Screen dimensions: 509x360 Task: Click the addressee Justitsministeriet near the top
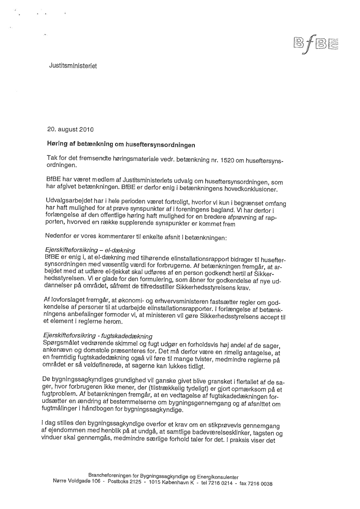click(72, 66)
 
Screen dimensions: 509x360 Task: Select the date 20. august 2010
click(70, 129)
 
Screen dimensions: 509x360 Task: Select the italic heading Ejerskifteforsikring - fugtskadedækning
click(98, 336)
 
